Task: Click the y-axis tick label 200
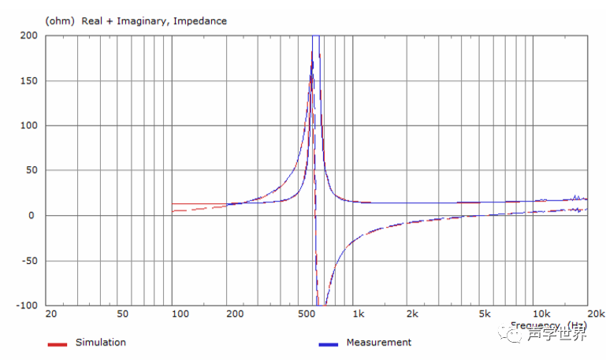(x=29, y=35)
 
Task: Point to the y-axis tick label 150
(x=29, y=80)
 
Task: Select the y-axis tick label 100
(x=29, y=125)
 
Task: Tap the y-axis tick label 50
(x=32, y=170)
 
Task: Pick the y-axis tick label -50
(x=30, y=261)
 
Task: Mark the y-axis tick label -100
(x=28, y=306)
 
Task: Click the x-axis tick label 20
(x=51, y=314)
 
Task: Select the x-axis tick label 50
(x=123, y=314)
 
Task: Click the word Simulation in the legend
(x=100, y=343)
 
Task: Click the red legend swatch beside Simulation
(x=57, y=344)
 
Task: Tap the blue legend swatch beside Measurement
(x=329, y=344)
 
